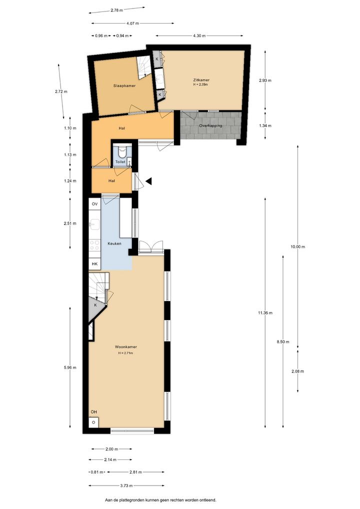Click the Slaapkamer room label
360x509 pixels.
(x=124, y=85)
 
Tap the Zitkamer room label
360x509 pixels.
(x=201, y=80)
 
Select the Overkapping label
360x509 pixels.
(x=210, y=125)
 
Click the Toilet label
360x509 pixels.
(x=120, y=161)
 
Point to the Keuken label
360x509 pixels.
(x=114, y=243)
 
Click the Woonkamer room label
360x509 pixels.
(x=125, y=346)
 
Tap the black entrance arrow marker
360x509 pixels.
(x=149, y=181)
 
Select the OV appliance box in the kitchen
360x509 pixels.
(x=95, y=204)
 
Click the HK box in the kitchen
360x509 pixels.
(x=95, y=264)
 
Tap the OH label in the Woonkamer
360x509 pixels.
(x=94, y=412)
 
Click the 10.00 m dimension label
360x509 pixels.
(x=298, y=246)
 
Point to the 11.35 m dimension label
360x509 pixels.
(x=265, y=313)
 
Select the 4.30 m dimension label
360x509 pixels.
(x=199, y=35)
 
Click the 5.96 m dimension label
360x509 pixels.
(x=70, y=367)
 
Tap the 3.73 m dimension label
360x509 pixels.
(x=126, y=485)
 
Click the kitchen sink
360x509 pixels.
(x=95, y=224)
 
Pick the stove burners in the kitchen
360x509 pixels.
(x=95, y=245)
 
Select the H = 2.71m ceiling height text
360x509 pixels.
(x=125, y=353)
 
